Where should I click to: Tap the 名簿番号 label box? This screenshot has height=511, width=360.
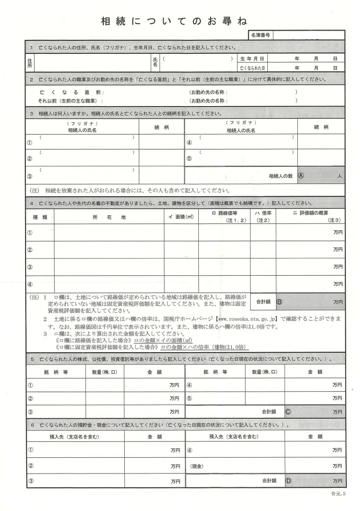259,36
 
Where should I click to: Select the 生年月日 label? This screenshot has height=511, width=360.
252,58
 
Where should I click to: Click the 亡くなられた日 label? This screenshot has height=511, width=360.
252,68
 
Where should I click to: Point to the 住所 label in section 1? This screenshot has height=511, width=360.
30,63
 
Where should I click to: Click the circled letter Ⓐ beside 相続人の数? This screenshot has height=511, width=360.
302,175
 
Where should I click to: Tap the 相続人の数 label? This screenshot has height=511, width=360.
281,176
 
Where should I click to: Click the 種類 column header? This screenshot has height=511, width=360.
39,217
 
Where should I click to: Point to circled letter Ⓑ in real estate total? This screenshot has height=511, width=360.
279,301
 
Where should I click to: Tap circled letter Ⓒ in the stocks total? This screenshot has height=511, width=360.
288,411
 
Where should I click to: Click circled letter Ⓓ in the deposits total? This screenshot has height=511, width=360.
288,479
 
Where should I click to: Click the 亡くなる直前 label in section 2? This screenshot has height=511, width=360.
72,92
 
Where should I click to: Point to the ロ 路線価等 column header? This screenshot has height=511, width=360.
225,214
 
